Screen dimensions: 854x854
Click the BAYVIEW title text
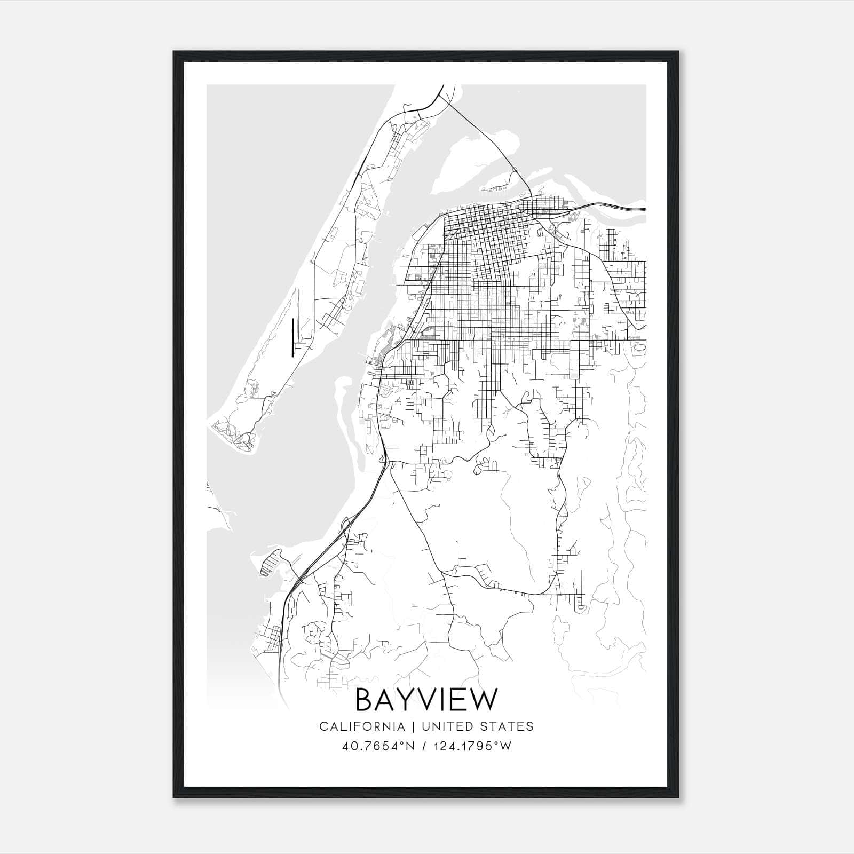tap(426, 700)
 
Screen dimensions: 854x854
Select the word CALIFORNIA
tap(361, 726)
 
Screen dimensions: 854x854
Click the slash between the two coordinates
tap(425, 746)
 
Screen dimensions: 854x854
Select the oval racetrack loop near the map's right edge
tap(640, 347)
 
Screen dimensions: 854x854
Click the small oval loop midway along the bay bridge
tap(515, 170)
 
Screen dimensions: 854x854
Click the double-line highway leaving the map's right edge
tap(624, 208)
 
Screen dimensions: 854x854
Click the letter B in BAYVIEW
tap(364, 700)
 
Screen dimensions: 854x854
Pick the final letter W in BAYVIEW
tap(484, 700)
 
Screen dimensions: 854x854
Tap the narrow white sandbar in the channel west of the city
tap(342, 406)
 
